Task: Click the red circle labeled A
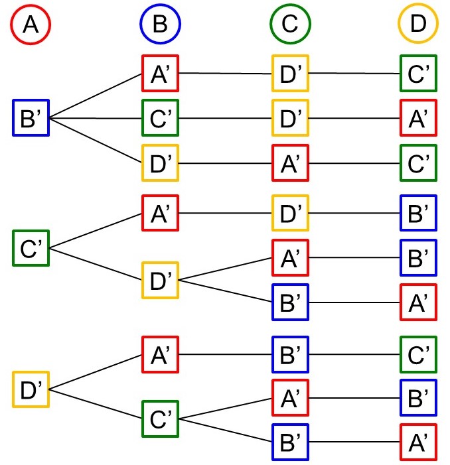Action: point(31,25)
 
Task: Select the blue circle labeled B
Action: point(160,25)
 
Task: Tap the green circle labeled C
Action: point(290,25)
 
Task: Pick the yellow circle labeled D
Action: point(418,25)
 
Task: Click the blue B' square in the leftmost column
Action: point(31,118)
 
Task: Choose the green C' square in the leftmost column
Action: point(31,248)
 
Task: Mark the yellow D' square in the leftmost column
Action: point(31,389)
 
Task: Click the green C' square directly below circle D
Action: point(419,73)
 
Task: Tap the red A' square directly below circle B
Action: point(160,73)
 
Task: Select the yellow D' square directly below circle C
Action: point(290,73)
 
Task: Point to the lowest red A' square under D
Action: point(419,442)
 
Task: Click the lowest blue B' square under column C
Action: point(290,442)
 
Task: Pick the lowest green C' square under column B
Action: point(160,419)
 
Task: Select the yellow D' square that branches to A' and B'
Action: point(160,280)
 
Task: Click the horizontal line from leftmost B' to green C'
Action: point(96,119)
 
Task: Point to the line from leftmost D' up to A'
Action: point(96,371)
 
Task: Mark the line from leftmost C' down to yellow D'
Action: point(96,264)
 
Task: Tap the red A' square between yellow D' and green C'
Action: point(290,163)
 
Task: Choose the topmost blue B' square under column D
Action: point(419,212)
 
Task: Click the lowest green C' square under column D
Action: point(419,354)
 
